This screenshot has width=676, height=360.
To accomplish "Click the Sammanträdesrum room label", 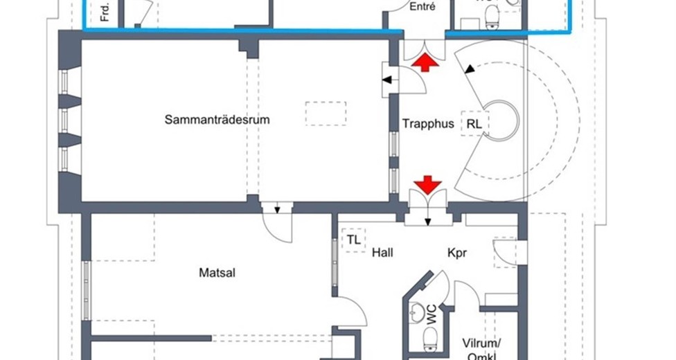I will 217,120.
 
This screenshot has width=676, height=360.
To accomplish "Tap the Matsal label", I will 217,273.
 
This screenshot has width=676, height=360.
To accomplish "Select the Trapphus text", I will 428,124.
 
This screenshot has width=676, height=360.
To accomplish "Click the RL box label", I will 474,124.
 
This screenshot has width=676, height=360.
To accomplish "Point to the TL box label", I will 354,240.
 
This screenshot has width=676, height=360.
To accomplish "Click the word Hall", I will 382,253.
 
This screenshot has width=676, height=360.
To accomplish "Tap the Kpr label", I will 456,253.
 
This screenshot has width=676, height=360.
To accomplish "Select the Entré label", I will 423,7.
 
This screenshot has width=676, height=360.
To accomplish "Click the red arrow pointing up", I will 425,64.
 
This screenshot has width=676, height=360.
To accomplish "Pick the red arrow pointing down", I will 428,185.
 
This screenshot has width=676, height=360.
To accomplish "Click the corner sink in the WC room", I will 416,313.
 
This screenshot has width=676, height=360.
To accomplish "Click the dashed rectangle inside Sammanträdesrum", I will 326,114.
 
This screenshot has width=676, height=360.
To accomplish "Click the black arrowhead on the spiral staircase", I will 470,69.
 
